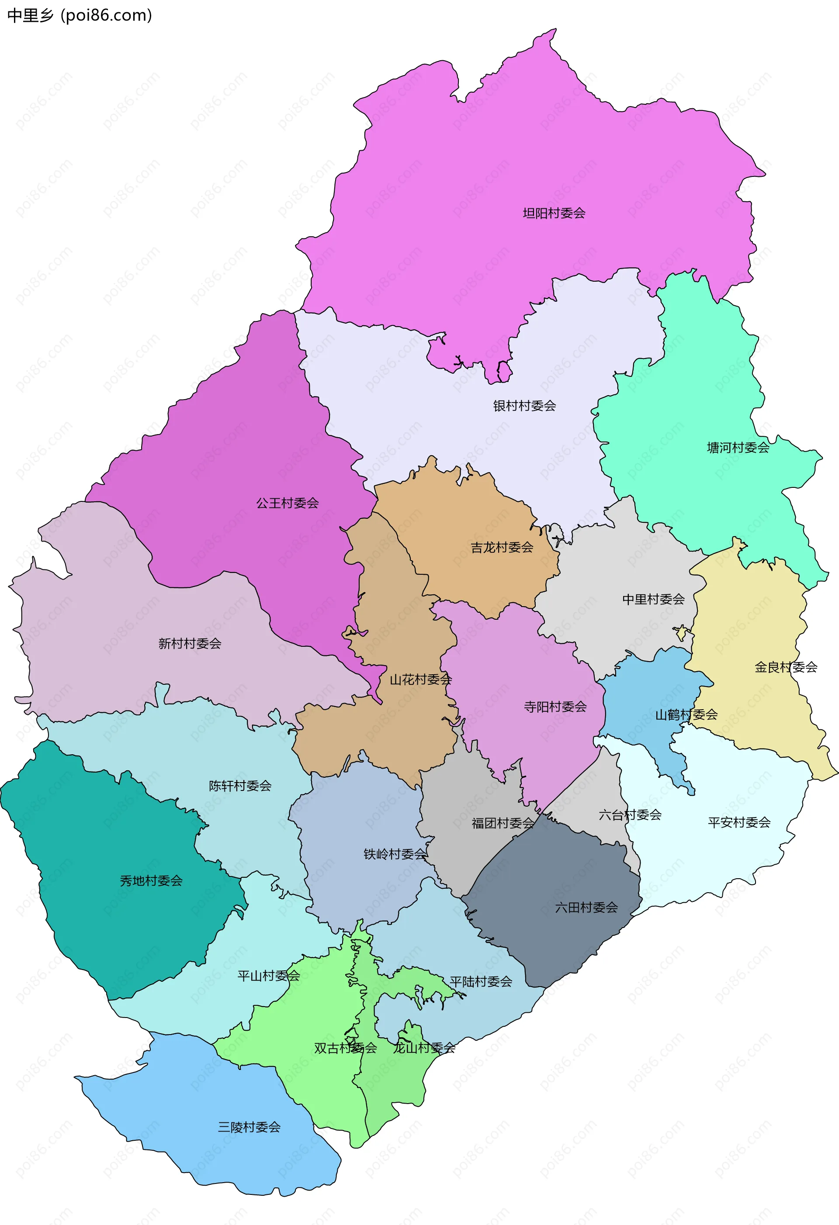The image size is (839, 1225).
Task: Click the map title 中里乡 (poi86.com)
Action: (80, 15)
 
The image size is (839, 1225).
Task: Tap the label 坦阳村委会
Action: (554, 213)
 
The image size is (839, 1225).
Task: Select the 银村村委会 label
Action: (524, 405)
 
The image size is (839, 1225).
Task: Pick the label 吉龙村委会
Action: (502, 547)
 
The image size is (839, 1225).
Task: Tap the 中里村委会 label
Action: (653, 599)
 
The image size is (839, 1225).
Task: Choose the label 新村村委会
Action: (190, 643)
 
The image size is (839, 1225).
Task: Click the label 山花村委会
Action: (420, 680)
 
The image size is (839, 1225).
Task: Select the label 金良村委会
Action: (786, 667)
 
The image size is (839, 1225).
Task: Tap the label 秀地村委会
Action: (151, 880)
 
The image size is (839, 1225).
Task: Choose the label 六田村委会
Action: (586, 907)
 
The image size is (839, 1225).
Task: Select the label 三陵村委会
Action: (249, 1127)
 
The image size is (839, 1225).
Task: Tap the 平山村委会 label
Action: (268, 976)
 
